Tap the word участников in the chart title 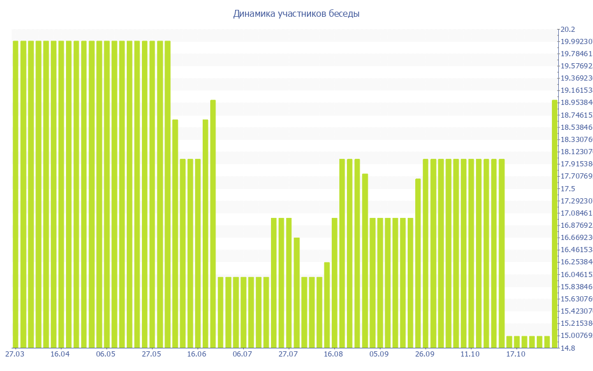pos(303,13)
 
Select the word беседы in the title pos(346,13)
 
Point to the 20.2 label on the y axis pos(567,29)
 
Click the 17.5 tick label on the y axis pos(567,189)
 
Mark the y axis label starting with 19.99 pos(573,42)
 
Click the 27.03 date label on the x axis pos(14,354)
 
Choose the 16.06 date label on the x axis pos(197,354)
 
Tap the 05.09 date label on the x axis pos(379,354)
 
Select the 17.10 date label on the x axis pos(515,354)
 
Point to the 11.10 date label pos(470,354)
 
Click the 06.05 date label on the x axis pos(106,354)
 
